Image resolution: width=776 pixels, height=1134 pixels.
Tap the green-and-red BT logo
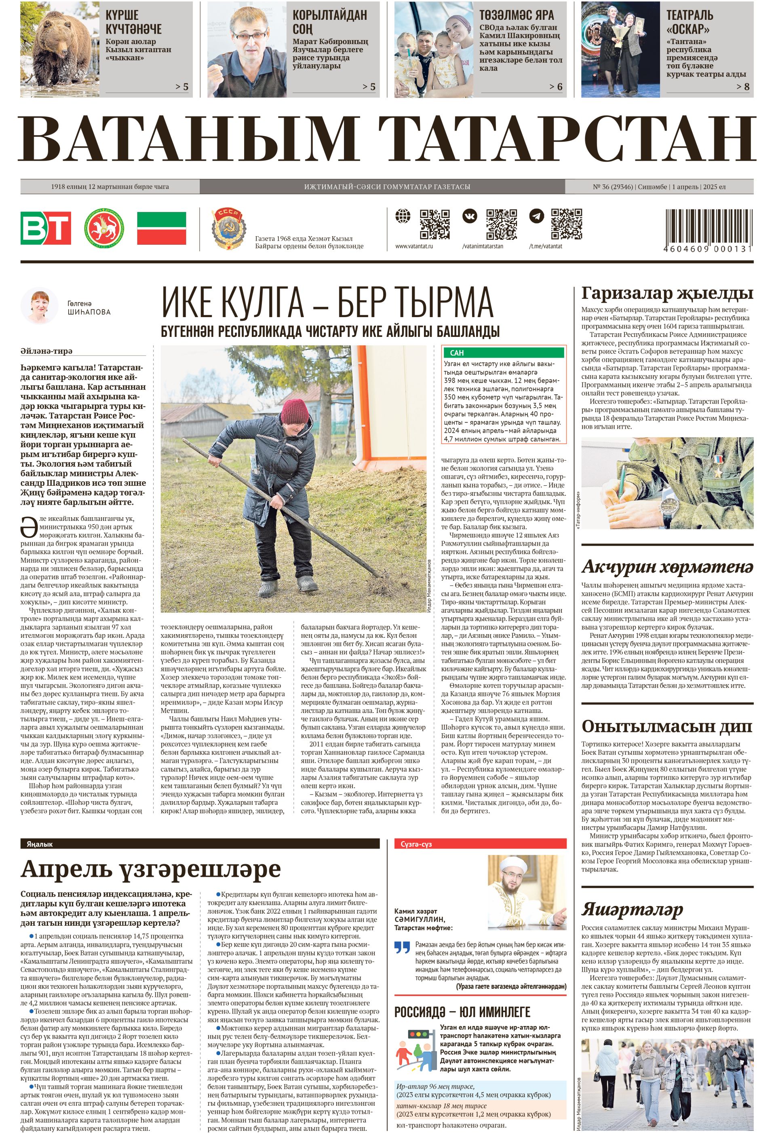tap(46, 227)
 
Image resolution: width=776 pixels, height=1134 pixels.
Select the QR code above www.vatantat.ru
tap(434, 224)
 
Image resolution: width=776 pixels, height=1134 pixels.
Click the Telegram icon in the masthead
tap(536, 216)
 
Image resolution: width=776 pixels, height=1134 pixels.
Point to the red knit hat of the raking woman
tap(295, 411)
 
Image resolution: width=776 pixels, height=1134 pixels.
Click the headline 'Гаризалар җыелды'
tap(667, 293)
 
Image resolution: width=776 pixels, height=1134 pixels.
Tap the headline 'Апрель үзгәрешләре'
tap(151, 869)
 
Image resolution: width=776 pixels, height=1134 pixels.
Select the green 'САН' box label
tap(457, 352)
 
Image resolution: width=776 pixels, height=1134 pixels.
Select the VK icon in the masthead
tap(470, 216)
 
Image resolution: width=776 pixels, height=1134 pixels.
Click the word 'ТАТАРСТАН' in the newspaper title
tap(567, 138)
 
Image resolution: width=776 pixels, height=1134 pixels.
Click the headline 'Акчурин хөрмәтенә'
tap(667, 567)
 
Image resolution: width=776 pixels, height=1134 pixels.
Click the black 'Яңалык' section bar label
tap(40, 844)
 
